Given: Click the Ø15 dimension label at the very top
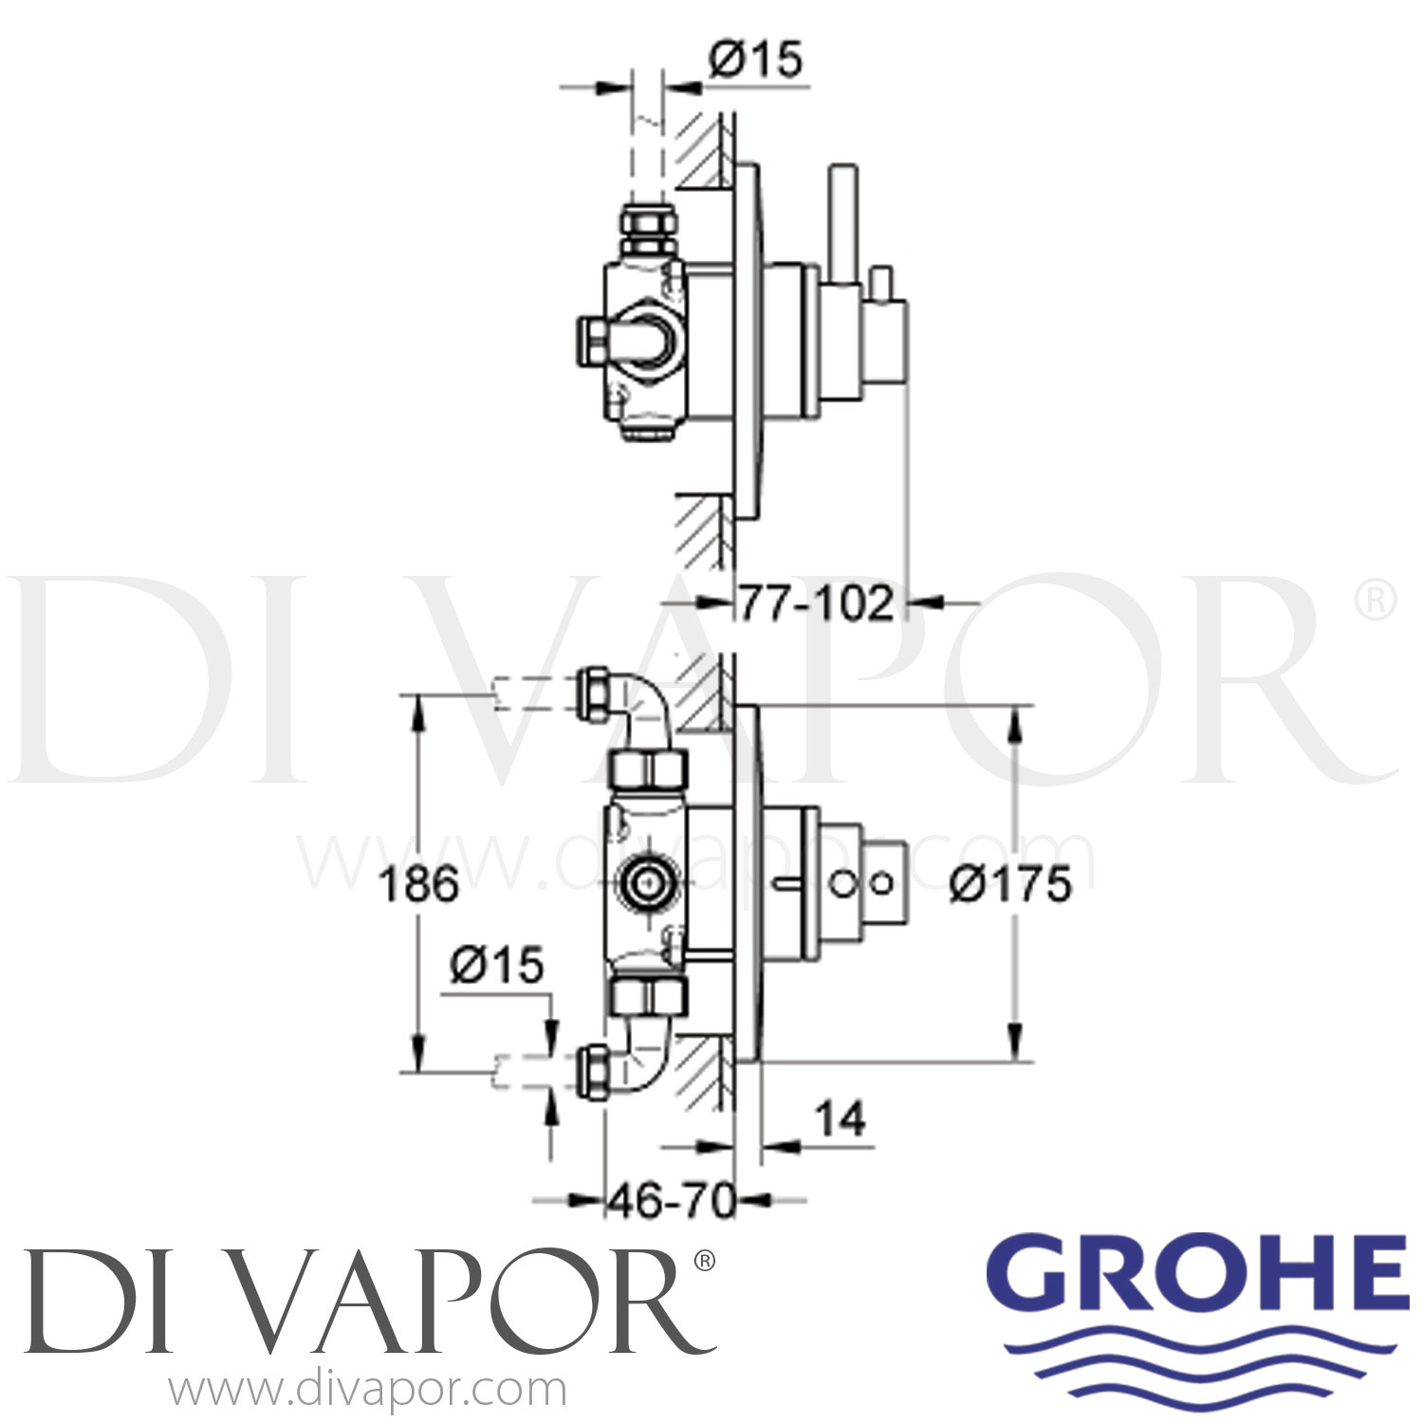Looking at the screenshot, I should (x=755, y=61).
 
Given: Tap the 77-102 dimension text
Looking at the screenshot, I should (x=816, y=603).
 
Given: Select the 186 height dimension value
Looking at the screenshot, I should (x=418, y=884).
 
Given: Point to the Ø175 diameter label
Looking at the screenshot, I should (x=1010, y=884).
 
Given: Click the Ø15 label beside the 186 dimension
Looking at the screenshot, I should (x=497, y=966).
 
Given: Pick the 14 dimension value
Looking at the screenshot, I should (x=841, y=1119).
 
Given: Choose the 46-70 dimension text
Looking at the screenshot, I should (x=672, y=1203).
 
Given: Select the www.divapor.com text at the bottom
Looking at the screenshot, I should (x=368, y=1391).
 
